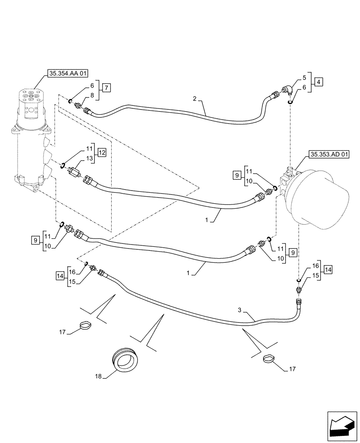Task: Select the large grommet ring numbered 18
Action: (x=126, y=358)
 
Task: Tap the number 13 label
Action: (x=89, y=158)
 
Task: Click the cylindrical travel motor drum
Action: (x=321, y=199)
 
